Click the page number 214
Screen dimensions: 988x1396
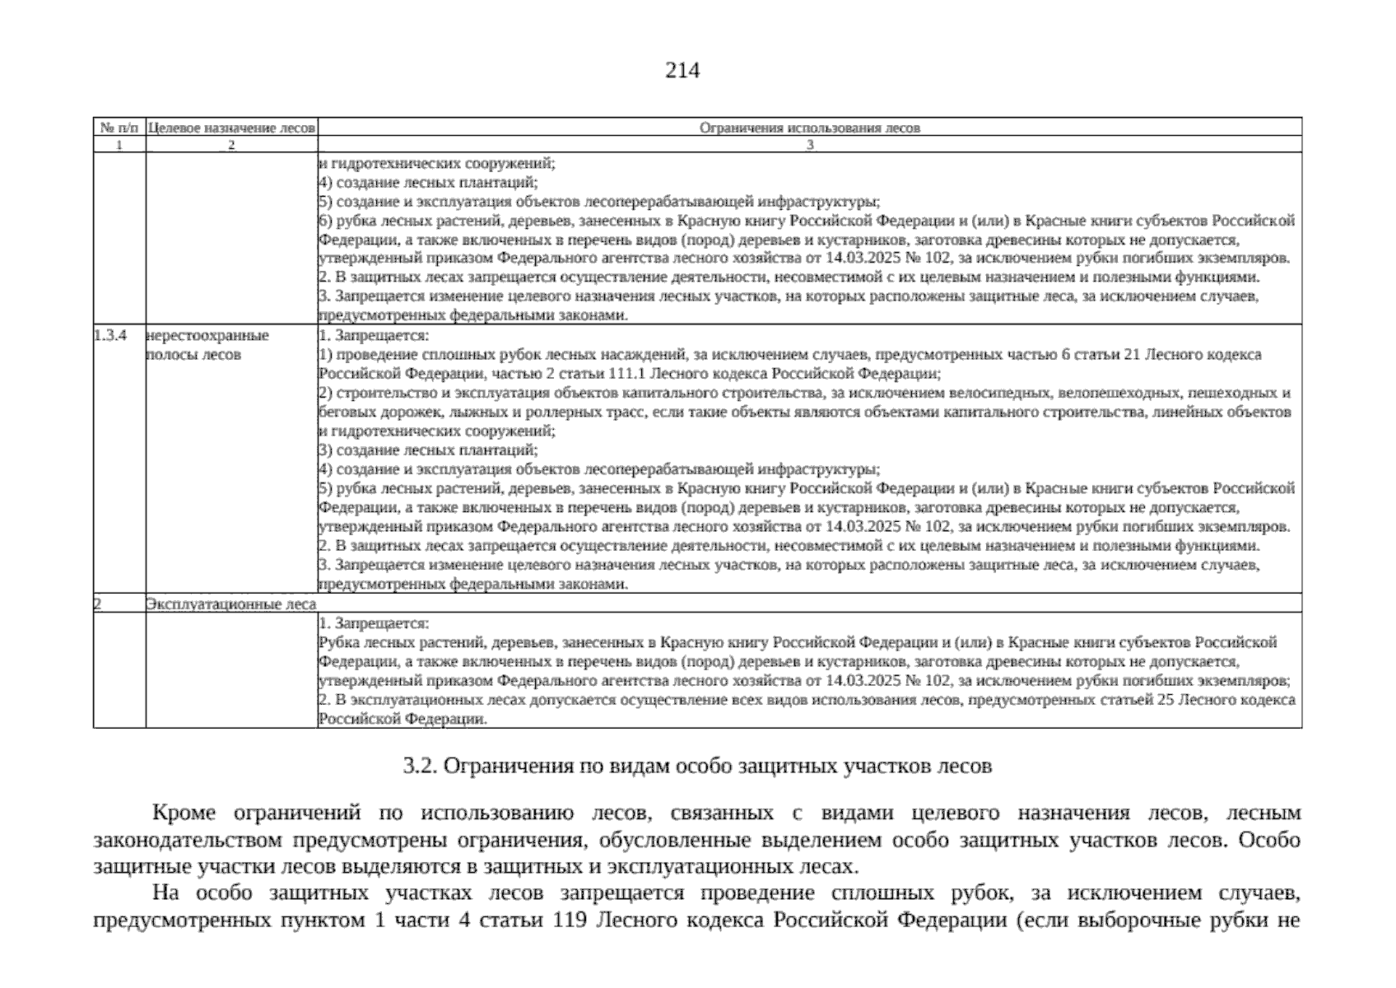pyautogui.click(x=682, y=71)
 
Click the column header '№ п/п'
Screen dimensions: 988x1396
pyautogui.click(x=119, y=128)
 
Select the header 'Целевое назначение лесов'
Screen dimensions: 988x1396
pyautogui.click(x=231, y=128)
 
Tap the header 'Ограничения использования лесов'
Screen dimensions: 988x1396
pyautogui.click(x=809, y=128)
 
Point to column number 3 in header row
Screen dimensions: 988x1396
pyautogui.click(x=809, y=145)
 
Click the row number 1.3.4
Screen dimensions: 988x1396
pyautogui.click(x=110, y=336)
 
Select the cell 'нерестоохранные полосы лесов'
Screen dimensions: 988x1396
pyautogui.click(x=206, y=345)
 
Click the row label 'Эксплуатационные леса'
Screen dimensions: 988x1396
pyautogui.click(x=230, y=604)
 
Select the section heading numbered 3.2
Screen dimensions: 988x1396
pyautogui.click(x=696, y=767)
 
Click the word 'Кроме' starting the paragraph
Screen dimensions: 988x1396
pyautogui.click(x=184, y=813)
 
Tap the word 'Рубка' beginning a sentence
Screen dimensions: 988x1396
pyautogui.click(x=338, y=642)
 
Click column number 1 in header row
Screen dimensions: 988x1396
pyautogui.click(x=119, y=145)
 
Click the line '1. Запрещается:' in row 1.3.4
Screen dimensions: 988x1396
pyautogui.click(x=374, y=336)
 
